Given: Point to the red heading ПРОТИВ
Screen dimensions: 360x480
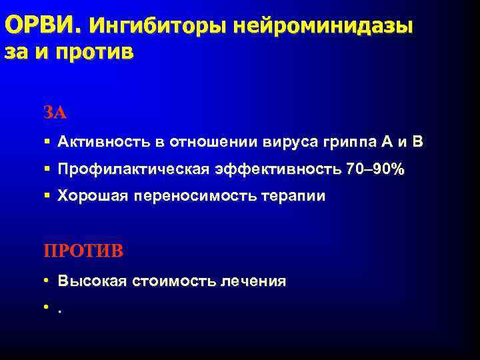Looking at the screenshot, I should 83,251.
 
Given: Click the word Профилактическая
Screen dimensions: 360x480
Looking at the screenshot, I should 133,169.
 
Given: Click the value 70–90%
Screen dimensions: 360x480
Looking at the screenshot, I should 375,169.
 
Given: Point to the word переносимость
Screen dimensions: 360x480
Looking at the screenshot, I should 195,197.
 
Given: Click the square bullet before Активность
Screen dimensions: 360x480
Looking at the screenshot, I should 47,142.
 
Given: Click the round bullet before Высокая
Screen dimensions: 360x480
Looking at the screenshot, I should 47,281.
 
